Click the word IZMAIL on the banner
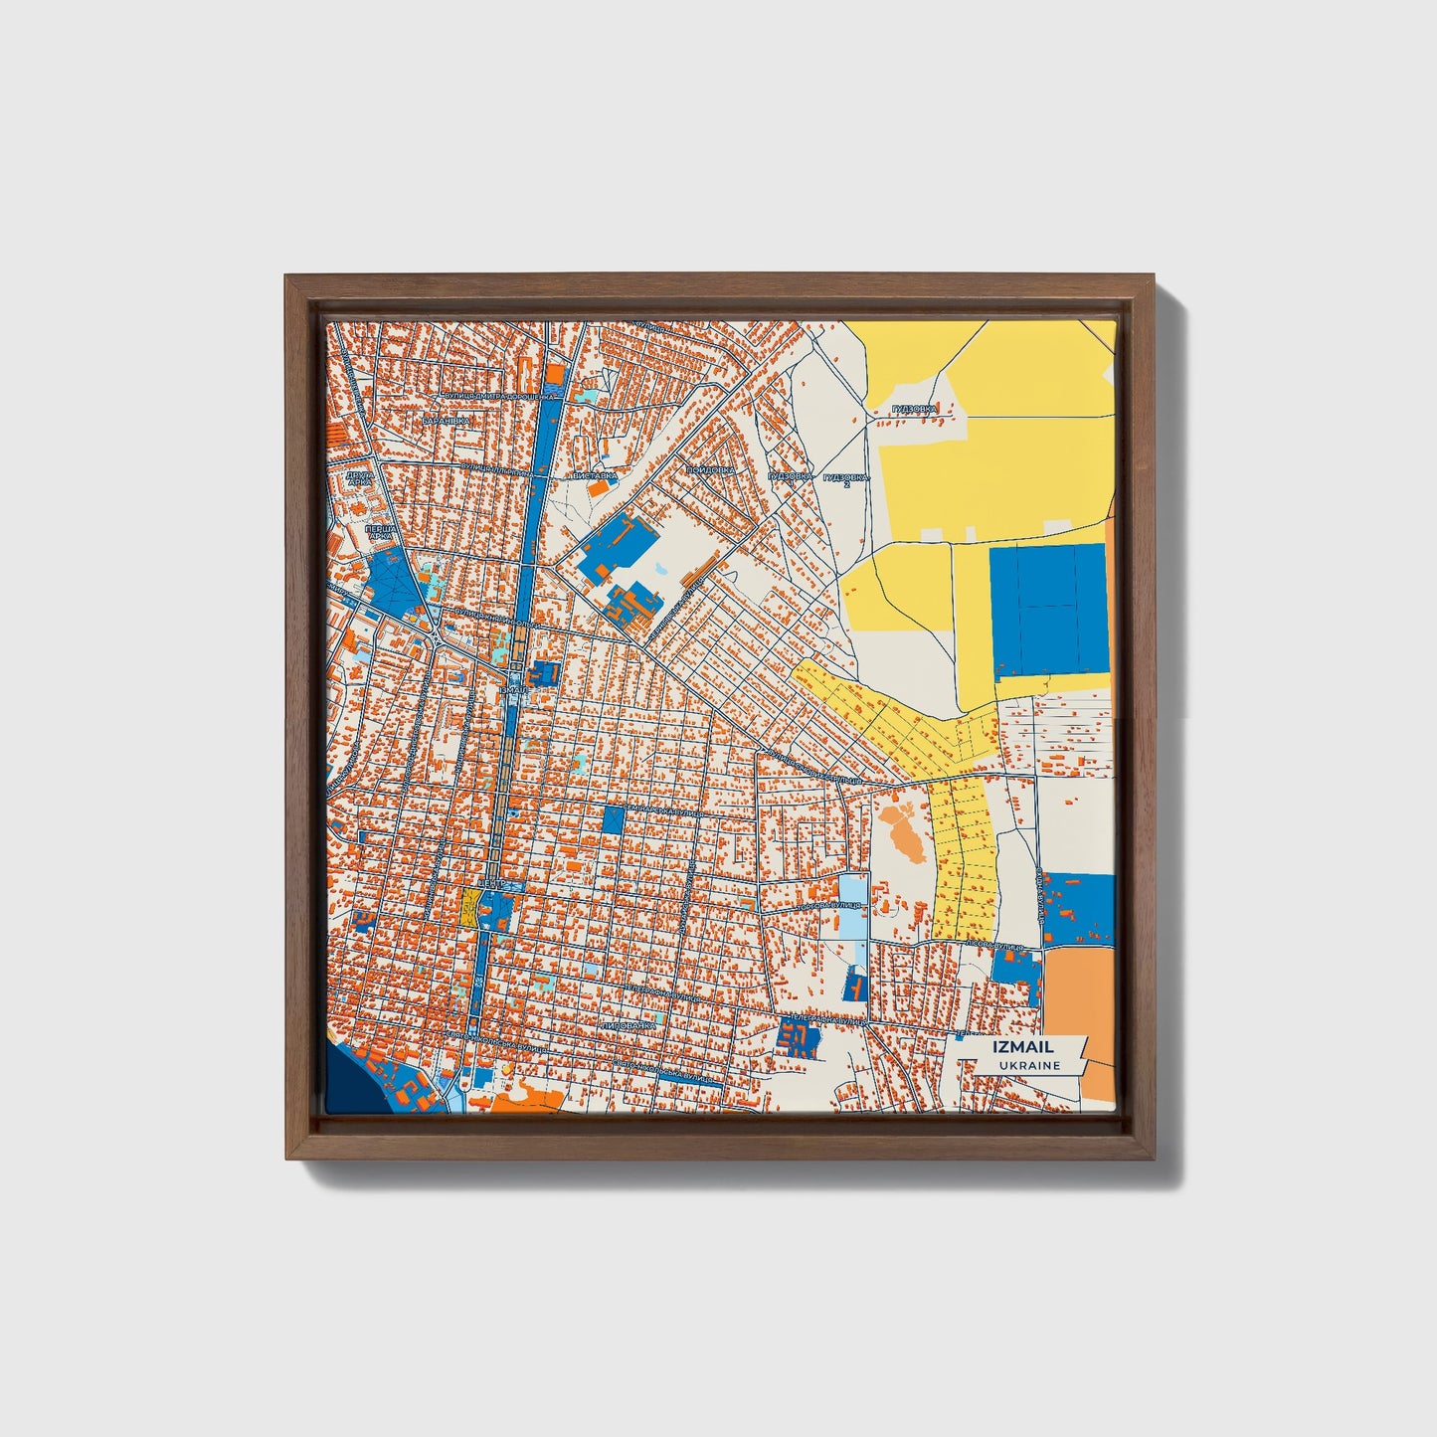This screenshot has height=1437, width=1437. click(1022, 1046)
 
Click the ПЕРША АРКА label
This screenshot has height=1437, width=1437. click(378, 533)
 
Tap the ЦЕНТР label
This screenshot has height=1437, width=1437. click(494, 883)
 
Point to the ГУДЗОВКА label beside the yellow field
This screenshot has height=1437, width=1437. click(914, 409)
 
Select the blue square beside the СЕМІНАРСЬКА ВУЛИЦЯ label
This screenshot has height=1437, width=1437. click(613, 819)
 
